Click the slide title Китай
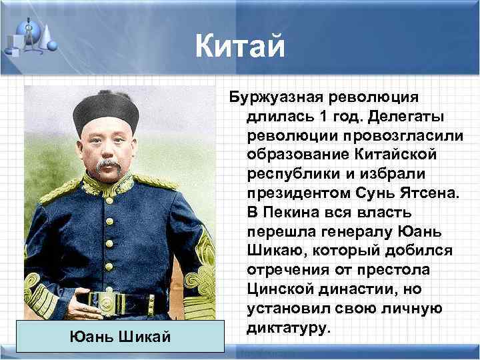coord(240,47)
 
